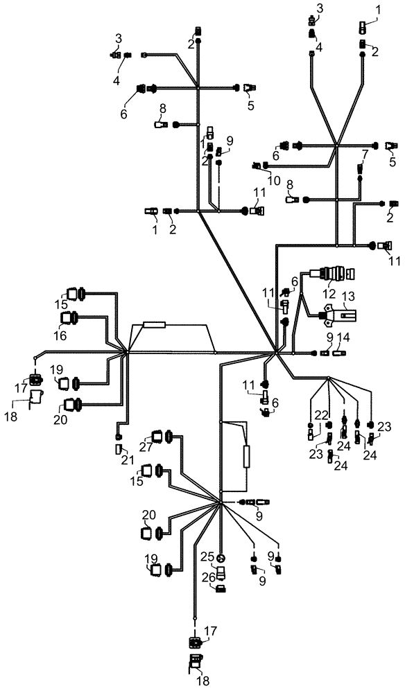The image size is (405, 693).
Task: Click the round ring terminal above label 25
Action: (221, 558)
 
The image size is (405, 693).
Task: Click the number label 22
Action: (320, 414)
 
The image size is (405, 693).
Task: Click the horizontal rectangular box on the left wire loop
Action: (153, 324)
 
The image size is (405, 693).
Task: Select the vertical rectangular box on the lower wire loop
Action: (246, 458)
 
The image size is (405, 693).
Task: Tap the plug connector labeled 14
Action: (338, 353)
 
